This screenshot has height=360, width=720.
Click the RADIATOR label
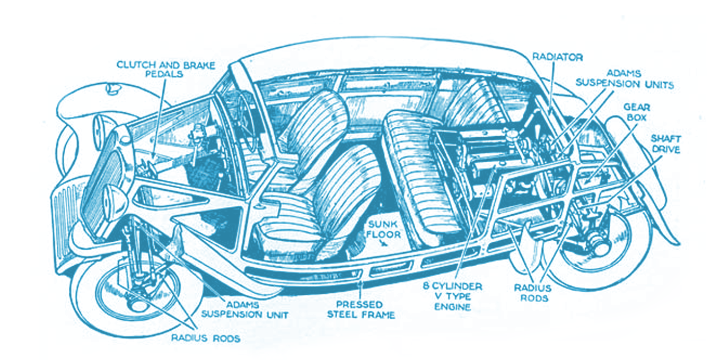(x=557, y=57)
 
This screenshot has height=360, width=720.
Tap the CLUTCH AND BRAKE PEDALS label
(x=165, y=69)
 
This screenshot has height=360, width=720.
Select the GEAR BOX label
(x=636, y=112)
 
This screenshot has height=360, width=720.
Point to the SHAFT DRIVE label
(x=666, y=144)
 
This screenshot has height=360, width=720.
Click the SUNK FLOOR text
(x=383, y=229)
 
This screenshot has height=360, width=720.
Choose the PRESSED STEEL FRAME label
(x=361, y=309)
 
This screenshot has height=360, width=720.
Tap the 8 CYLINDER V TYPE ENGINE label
(x=453, y=296)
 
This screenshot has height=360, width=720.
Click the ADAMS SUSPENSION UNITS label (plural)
(x=624, y=79)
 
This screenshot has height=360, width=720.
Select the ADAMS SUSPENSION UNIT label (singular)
(x=244, y=309)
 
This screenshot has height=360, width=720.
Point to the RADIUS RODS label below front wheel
(x=205, y=338)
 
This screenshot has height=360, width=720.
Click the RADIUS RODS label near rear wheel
(x=533, y=293)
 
